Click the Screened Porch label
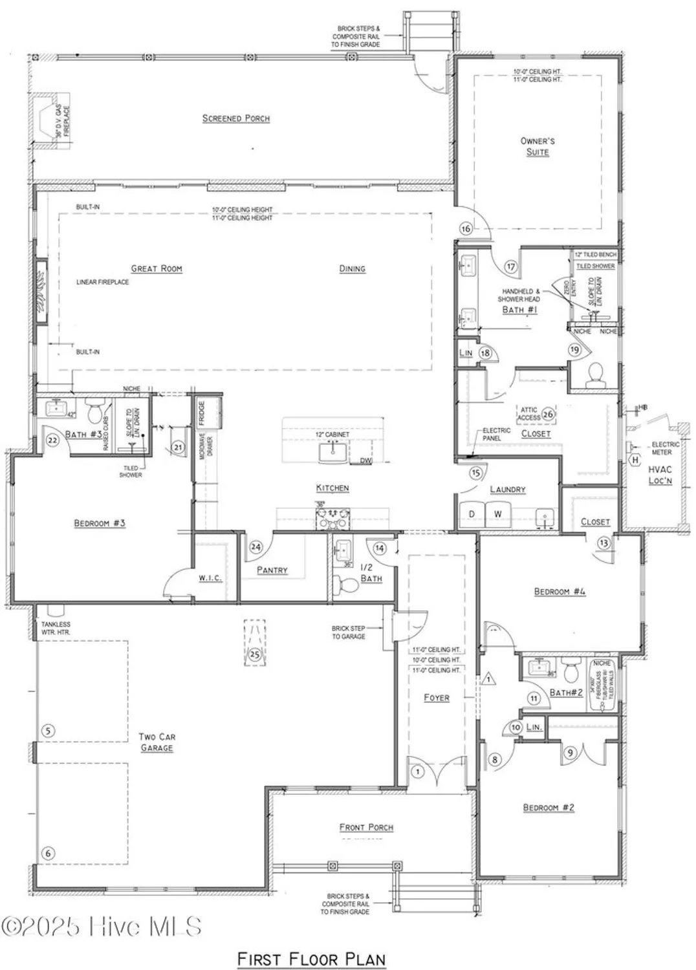pyautogui.click(x=235, y=118)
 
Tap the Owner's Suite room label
pyautogui.click(x=538, y=146)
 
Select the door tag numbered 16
pyautogui.click(x=466, y=228)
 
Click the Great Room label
pyautogui.click(x=157, y=268)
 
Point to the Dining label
pyautogui.click(x=352, y=268)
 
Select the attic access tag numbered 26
pyautogui.click(x=548, y=414)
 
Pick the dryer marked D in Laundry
pyautogui.click(x=472, y=514)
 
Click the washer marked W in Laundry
pyautogui.click(x=498, y=514)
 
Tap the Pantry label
pyautogui.click(x=272, y=570)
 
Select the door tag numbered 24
pyautogui.click(x=256, y=547)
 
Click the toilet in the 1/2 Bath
pyautogui.click(x=349, y=585)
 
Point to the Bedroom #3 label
pyautogui.click(x=100, y=523)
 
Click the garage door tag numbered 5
pyautogui.click(x=47, y=731)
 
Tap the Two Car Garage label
pyautogui.click(x=157, y=742)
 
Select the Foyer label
pyautogui.click(x=437, y=698)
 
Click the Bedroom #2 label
pyautogui.click(x=549, y=807)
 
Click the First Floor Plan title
pyautogui.click(x=311, y=959)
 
